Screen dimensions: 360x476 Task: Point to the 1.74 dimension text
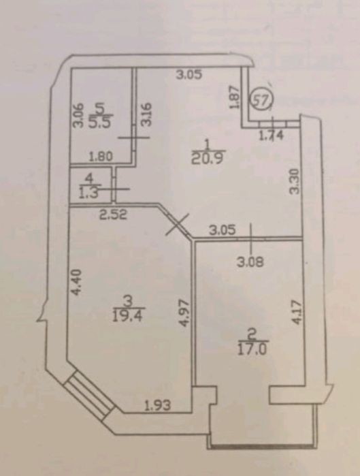pyautogui.click(x=271, y=136)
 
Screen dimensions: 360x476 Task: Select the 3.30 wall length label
pyautogui.click(x=295, y=181)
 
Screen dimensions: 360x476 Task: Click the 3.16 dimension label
pyautogui.click(x=147, y=114)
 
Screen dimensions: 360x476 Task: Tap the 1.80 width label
pyautogui.click(x=101, y=157)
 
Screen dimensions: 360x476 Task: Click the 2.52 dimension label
pyautogui.click(x=112, y=215)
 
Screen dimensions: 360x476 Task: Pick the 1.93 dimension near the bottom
pyautogui.click(x=157, y=405)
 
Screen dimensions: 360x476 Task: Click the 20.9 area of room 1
pyautogui.click(x=208, y=158)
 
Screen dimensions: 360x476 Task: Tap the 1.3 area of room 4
pyautogui.click(x=88, y=193)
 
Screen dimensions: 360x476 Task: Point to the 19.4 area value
pyautogui.click(x=127, y=317)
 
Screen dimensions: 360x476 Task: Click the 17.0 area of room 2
pyautogui.click(x=252, y=349)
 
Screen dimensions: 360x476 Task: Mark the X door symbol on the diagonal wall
pyautogui.click(x=178, y=224)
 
